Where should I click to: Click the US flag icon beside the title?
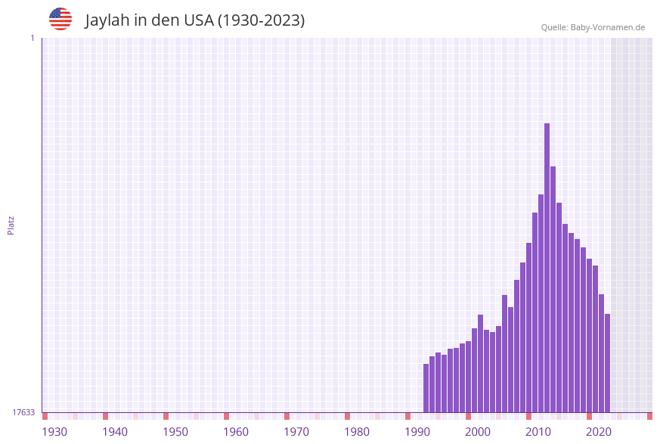pos(60,19)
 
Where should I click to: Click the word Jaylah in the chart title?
pos(108,20)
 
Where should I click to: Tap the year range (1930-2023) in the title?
pos(261,20)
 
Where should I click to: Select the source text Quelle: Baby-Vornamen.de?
pos(593,27)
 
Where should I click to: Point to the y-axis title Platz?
pos(11,225)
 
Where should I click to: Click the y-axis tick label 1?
pos(32,38)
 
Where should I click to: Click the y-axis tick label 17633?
pos(23,412)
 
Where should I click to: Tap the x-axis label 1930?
pos(54,432)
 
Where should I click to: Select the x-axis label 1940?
pos(115,432)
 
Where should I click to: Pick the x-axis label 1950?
pos(175,432)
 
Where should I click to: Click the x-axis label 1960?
pos(236,432)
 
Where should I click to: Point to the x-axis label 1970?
pos(296,432)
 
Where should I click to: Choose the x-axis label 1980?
pos(357,432)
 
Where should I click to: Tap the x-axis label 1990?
pos(417,432)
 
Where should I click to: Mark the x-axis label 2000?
pos(478,432)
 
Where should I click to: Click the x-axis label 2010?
pos(538,432)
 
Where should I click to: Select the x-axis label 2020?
pos(599,432)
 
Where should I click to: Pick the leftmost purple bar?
pos(426,388)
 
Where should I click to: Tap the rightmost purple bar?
pos(607,363)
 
